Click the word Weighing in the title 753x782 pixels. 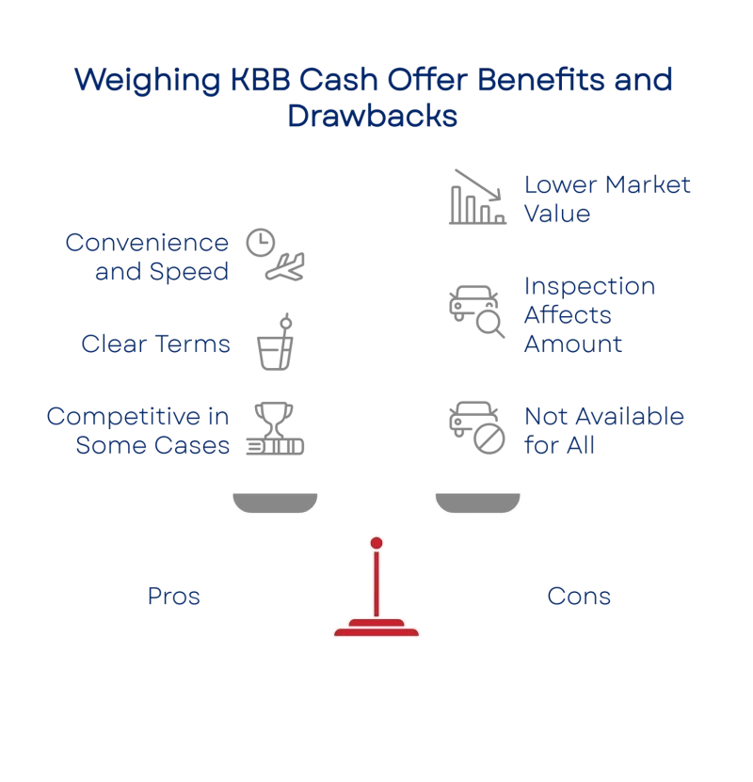140,80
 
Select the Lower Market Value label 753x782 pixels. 605,199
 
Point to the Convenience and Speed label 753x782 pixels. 148,257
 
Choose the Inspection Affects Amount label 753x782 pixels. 588,315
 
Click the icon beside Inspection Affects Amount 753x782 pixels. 476,309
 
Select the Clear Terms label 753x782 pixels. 156,343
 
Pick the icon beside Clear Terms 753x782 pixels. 274,343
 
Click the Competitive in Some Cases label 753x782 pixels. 139,430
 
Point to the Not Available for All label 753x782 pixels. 603,430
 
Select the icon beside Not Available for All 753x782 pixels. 476,429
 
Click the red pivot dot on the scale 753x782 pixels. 376,543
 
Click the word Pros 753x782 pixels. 174,596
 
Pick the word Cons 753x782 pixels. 578,596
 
